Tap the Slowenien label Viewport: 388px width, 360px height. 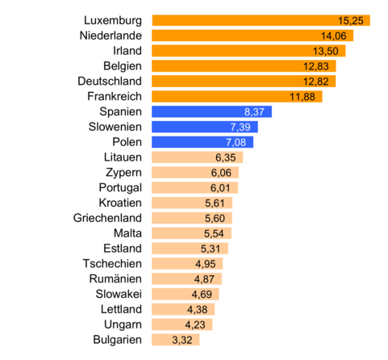pos(115,127)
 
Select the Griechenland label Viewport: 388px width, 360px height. pos(107,218)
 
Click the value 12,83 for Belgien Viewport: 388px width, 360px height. pos(320,66)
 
